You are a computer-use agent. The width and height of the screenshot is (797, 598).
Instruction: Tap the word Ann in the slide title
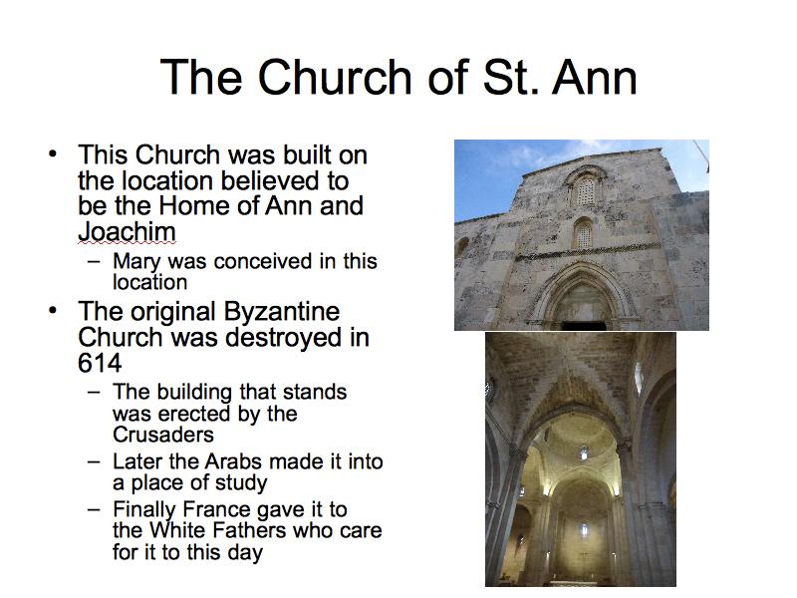[594, 78]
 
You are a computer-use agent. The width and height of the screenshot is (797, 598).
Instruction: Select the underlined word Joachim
[127, 231]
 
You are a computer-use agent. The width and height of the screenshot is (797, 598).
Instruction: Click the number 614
[100, 363]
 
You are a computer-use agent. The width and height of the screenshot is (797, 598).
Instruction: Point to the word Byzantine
[281, 312]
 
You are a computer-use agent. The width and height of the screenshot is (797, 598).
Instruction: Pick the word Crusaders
[163, 435]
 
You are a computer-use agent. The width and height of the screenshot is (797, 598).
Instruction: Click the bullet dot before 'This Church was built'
[53, 153]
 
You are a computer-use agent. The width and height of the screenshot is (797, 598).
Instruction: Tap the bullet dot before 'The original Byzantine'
[53, 310]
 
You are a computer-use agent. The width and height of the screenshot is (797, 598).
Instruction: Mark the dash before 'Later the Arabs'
[94, 462]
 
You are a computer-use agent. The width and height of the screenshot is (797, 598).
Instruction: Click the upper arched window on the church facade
[586, 188]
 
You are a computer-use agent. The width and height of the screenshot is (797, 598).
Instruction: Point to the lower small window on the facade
[584, 234]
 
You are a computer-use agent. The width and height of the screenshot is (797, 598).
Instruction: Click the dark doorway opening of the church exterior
[584, 326]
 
